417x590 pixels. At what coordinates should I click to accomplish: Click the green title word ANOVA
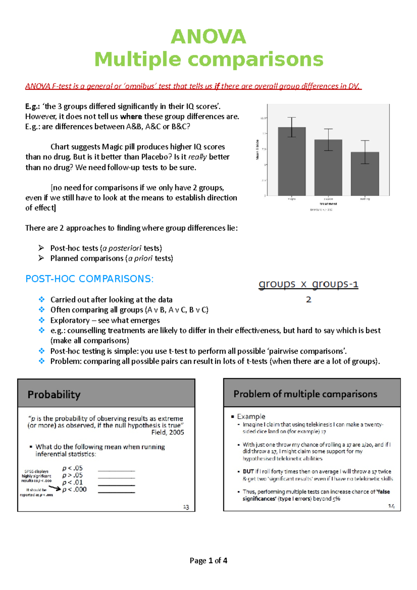tap(208, 37)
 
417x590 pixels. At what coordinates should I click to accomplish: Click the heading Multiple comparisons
tap(209, 59)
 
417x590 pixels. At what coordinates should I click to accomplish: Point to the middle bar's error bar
tap(328, 140)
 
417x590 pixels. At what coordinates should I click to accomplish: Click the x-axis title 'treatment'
tap(328, 204)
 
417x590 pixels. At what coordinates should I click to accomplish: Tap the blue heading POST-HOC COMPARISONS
tap(89, 279)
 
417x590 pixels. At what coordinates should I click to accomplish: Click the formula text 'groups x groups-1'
tap(308, 284)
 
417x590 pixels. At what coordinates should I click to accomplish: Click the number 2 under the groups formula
tap(309, 300)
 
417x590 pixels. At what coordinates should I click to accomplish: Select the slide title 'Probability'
tap(54, 395)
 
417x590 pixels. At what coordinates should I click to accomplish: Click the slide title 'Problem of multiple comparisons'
tap(305, 394)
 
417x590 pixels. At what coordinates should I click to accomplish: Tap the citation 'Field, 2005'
tap(167, 433)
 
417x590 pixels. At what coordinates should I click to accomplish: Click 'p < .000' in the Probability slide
tap(74, 490)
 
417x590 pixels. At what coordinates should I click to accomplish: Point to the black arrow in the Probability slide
tap(55, 488)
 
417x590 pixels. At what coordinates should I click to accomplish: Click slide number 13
tap(186, 507)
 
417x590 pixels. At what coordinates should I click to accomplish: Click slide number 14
tap(391, 506)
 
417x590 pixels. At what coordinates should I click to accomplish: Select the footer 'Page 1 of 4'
tap(208, 560)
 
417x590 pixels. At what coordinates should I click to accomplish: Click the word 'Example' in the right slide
tap(251, 416)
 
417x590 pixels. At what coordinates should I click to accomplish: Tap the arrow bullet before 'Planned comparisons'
tap(41, 258)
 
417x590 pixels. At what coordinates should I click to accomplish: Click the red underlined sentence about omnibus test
tap(193, 86)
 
